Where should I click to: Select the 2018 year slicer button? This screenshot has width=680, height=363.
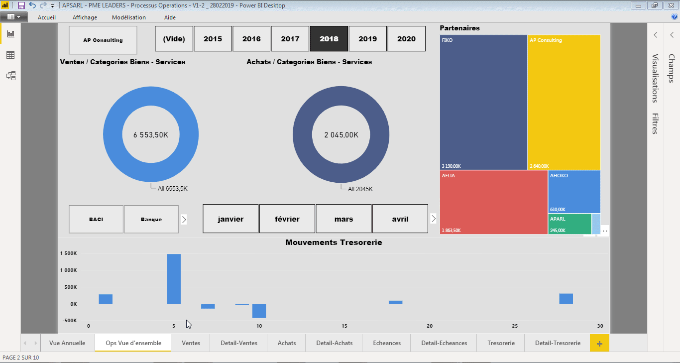tap(329, 39)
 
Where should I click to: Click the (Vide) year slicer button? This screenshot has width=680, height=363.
tap(174, 39)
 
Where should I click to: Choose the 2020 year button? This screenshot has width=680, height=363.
tap(406, 39)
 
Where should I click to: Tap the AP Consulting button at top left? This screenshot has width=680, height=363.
tap(103, 40)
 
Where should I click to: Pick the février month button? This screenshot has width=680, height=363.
tap(287, 219)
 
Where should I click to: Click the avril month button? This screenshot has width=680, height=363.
tap(400, 219)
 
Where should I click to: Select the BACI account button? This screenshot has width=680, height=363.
tap(96, 219)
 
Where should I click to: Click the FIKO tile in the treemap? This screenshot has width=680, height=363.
tap(483, 102)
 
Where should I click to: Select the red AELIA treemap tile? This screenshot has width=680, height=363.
tap(493, 202)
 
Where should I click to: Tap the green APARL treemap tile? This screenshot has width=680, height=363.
tap(569, 224)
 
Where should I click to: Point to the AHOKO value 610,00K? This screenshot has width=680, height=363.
tap(558, 210)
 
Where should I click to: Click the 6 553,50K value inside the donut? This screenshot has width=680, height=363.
tap(150, 135)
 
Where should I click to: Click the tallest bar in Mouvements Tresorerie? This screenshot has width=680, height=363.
tap(174, 279)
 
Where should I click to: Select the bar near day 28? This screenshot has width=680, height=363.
tap(566, 299)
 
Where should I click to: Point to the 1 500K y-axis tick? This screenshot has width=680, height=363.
tap(68, 253)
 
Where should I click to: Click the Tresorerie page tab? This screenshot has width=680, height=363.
tap(501, 343)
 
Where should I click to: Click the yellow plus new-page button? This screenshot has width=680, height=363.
tap(599, 343)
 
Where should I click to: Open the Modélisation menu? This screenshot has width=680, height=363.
tap(129, 17)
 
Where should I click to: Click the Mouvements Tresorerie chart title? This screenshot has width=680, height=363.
tap(334, 242)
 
